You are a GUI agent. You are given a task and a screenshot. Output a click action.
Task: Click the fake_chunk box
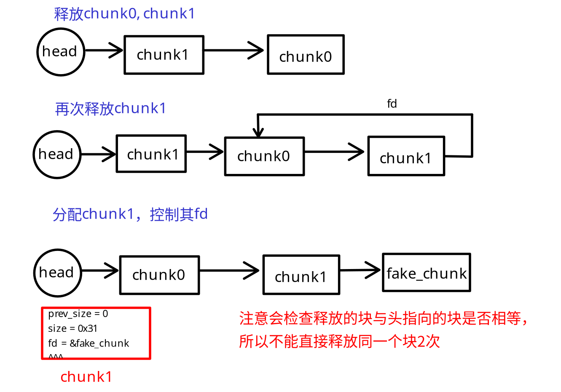(426, 273)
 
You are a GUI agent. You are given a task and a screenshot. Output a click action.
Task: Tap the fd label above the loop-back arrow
(392, 104)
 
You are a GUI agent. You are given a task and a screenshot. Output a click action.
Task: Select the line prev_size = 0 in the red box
(78, 314)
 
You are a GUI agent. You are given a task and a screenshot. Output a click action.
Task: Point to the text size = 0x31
(72, 328)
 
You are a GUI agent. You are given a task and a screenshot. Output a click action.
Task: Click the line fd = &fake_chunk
(89, 343)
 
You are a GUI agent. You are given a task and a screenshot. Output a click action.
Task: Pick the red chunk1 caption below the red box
(86, 376)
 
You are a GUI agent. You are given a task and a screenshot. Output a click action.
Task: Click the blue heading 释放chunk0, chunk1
(124, 14)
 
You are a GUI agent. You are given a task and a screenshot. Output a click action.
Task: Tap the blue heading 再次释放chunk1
(110, 109)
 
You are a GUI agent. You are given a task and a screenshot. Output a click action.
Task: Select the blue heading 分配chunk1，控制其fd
(130, 214)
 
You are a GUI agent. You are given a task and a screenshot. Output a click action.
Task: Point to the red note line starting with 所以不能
(339, 341)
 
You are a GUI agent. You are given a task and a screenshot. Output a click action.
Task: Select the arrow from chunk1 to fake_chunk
(360, 270)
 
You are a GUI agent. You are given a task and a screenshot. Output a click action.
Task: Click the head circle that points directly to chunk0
(57, 273)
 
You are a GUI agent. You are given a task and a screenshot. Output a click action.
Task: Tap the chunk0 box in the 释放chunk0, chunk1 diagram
(306, 55)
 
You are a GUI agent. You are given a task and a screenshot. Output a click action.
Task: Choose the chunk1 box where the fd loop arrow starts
(406, 156)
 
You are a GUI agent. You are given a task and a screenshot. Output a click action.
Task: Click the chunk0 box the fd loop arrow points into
(264, 156)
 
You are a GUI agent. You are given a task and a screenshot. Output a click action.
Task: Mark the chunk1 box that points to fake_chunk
(301, 275)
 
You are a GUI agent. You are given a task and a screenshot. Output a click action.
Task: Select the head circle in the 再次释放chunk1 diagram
(56, 155)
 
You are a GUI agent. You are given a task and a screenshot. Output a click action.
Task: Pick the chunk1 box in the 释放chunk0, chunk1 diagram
(164, 55)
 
